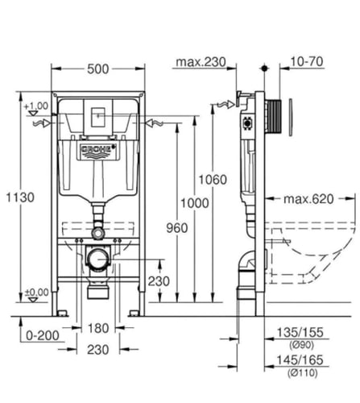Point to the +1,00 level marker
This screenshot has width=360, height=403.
point(36,106)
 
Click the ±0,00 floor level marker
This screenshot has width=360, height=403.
point(36,292)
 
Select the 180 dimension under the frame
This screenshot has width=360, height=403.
point(98,328)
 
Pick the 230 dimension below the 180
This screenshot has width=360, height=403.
point(98,348)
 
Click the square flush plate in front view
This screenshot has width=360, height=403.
point(98,116)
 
